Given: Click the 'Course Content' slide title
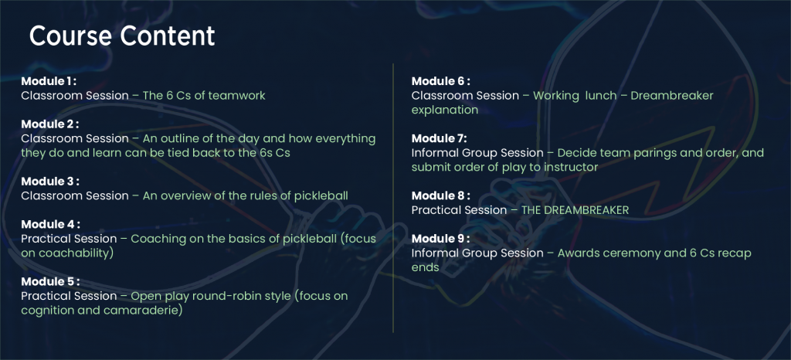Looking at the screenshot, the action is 122,36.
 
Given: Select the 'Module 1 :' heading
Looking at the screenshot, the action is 49,80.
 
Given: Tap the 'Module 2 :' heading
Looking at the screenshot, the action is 50,124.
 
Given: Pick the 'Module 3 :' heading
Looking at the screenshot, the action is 50,181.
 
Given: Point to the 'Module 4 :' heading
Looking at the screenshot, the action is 50,224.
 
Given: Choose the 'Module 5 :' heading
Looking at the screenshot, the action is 50,281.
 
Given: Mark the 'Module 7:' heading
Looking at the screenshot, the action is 440,138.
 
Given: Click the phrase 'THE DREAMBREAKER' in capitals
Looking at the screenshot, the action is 575,210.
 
